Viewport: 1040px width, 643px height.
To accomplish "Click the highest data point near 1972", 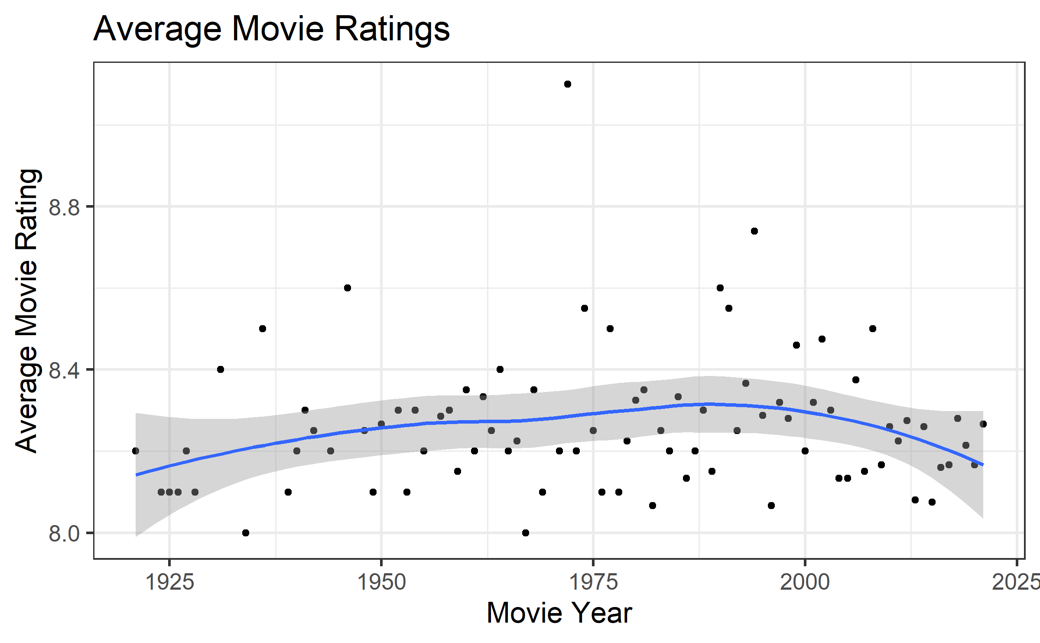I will click(568, 84).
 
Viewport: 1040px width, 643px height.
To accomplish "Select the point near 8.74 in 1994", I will click(754, 231).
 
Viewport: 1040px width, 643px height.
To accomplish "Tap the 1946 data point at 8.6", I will click(348, 288).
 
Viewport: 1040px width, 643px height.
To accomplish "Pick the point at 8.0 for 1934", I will click(246, 533).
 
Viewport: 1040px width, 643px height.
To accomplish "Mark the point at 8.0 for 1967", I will click(526, 533).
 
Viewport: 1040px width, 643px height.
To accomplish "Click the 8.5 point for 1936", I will click(263, 329).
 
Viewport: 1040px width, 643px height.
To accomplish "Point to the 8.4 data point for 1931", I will click(221, 369).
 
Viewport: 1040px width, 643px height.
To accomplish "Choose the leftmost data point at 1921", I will click(136, 451).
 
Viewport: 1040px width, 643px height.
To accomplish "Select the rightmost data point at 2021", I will click(983, 424).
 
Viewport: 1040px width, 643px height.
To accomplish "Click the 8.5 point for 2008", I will click(873, 329).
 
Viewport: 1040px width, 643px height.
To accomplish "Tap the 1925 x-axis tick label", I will click(169, 582).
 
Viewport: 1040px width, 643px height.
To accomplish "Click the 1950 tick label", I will click(381, 582).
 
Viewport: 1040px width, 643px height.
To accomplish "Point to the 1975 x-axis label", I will click(593, 582).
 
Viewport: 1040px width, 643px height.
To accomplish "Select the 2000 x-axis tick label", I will click(805, 582).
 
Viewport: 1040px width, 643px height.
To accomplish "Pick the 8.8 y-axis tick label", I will click(64, 207).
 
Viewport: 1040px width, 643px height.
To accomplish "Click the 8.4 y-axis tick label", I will click(64, 370).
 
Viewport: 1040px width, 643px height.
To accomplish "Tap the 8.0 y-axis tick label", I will click(64, 534).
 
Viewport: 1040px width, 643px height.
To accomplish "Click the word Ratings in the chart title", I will click(392, 29).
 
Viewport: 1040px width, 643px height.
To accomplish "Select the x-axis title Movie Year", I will click(559, 613).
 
